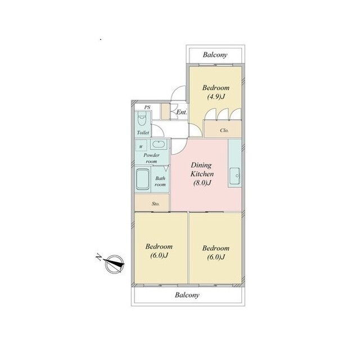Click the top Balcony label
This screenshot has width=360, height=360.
[x=215, y=55]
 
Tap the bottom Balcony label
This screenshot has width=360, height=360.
[x=187, y=295]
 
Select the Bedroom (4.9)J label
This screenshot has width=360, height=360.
[x=215, y=92]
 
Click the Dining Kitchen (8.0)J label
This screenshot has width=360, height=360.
[x=202, y=174]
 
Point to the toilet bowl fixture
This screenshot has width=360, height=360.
[x=142, y=119]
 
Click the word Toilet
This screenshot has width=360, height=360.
[x=143, y=133]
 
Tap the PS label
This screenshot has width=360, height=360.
[x=147, y=107]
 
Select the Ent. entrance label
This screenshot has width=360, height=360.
[x=181, y=112]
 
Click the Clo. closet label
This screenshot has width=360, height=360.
[x=224, y=130]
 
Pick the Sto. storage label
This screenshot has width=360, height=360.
[x=156, y=204]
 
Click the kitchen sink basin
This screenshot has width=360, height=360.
[x=235, y=176]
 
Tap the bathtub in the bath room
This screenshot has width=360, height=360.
[x=142, y=181]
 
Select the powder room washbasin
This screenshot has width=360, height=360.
[x=159, y=145]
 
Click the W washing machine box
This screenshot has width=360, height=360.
[x=141, y=146]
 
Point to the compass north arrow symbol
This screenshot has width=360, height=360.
[x=114, y=264]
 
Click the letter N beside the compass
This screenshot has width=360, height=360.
[x=99, y=257]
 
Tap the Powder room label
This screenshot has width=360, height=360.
[x=151, y=158]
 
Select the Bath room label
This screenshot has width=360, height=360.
[x=160, y=181]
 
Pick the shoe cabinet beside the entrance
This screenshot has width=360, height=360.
[x=165, y=111]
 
